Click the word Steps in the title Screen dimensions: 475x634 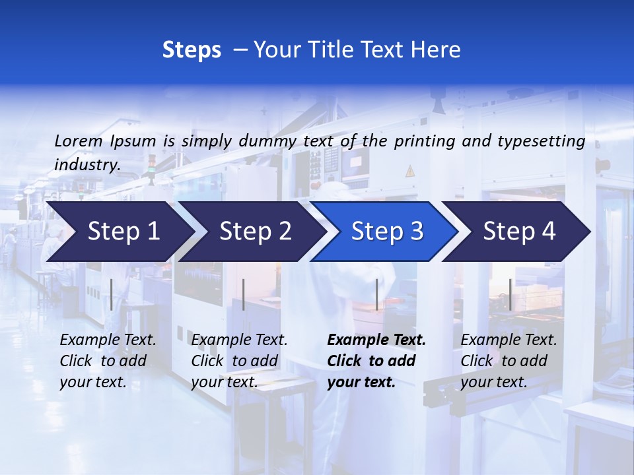coord(192,50)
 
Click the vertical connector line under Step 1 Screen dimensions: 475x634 coord(112,294)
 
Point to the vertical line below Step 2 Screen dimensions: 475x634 coord(244,294)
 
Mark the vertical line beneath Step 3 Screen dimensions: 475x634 coord(377,294)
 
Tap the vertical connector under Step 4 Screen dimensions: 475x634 coord(510,294)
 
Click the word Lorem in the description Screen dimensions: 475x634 coord(78,141)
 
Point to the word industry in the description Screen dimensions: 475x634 coord(87,165)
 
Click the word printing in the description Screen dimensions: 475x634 coord(425,141)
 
